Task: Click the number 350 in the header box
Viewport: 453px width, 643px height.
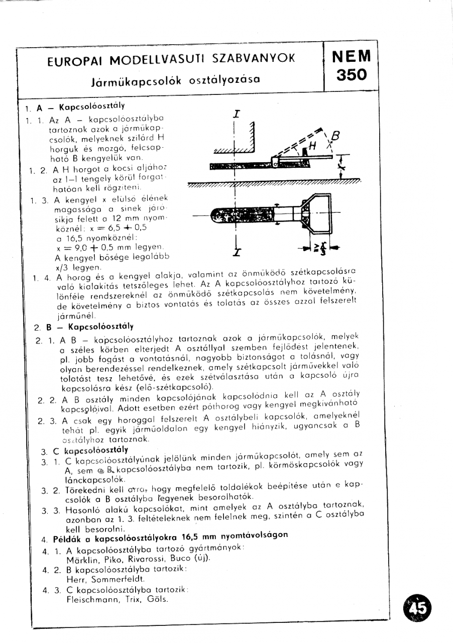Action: [x=352, y=75]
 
